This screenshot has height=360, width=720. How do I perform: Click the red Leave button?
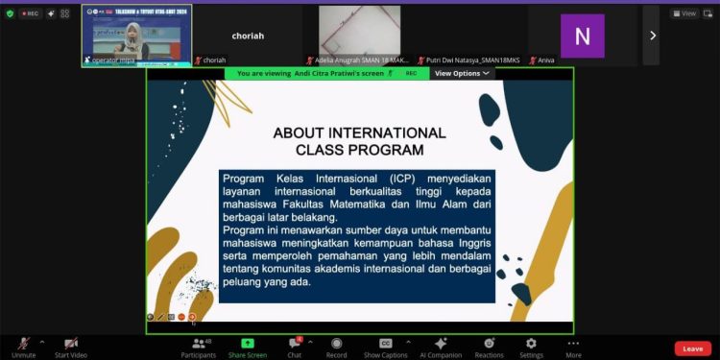click(693, 348)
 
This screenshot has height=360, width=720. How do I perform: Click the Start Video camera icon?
click(71, 343)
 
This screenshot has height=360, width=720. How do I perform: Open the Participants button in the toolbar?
click(198, 343)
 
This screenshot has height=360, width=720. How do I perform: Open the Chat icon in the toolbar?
click(295, 343)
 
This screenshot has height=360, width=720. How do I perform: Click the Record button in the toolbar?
click(336, 343)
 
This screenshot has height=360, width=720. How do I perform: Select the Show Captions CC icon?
click(385, 343)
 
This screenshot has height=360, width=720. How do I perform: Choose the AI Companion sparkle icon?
click(440, 343)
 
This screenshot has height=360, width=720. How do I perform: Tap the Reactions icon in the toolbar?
click(489, 343)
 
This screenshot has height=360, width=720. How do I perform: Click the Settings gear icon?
click(530, 343)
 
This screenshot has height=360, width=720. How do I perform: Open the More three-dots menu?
click(573, 343)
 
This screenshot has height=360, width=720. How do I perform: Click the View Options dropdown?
click(462, 73)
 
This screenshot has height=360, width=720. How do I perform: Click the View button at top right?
click(685, 13)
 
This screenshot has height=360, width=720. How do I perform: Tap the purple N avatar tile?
click(583, 36)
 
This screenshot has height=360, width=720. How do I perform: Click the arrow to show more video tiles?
click(653, 35)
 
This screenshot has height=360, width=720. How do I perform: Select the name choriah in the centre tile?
click(248, 36)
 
